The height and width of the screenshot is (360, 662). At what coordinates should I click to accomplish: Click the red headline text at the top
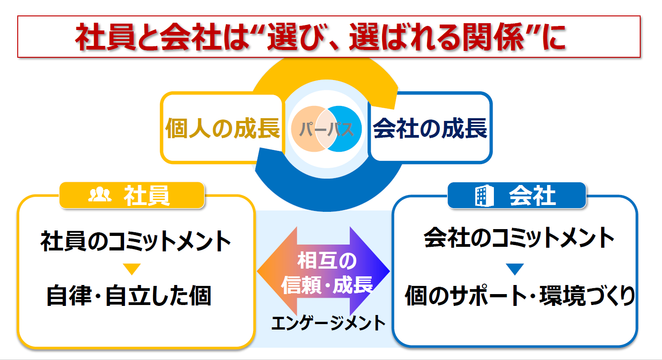click(321, 37)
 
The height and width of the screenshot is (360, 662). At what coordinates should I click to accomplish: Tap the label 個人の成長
click(223, 128)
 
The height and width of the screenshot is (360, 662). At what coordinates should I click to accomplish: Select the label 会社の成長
click(430, 128)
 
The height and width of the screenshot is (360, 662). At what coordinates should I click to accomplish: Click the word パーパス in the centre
click(326, 129)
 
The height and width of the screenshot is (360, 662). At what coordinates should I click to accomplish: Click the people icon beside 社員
click(100, 195)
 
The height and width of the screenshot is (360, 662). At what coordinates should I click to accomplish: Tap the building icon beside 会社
click(484, 195)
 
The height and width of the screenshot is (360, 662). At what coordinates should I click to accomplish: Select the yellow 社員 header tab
click(132, 195)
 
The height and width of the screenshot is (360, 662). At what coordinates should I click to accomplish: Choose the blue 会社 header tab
click(517, 195)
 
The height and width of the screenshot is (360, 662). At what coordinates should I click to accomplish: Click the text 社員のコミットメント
click(136, 241)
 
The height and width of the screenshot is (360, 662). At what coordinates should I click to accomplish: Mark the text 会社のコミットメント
click(519, 238)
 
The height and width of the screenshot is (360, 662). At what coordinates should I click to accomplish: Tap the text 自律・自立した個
click(129, 295)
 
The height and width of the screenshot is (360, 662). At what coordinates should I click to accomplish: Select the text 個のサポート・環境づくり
click(520, 295)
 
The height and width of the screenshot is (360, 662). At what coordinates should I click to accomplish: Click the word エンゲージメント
click(329, 323)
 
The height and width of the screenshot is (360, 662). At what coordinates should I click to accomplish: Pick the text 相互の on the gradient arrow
click(327, 261)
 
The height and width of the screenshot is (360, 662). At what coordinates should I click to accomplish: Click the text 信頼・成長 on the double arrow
click(327, 285)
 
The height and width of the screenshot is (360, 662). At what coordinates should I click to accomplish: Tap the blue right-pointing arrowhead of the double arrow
click(369, 271)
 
